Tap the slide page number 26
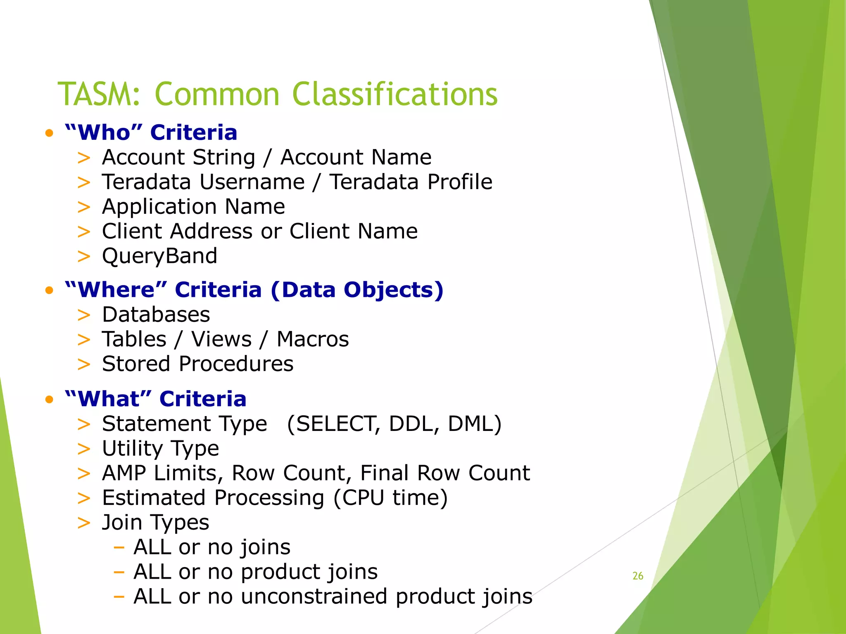point(638,576)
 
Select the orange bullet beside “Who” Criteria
point(50,133)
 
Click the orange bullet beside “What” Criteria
point(50,400)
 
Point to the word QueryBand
point(159,256)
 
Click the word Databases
point(156,315)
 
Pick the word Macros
point(313,339)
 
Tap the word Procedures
point(236,364)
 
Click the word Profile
point(460,182)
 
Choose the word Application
point(159,207)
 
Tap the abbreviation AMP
point(124,473)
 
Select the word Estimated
point(154,498)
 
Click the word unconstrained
point(314,596)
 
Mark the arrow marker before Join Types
point(84,523)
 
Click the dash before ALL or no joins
point(119,548)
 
